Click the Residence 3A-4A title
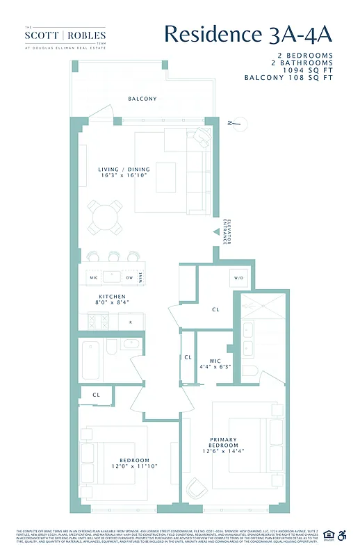pyautogui.click(x=248, y=34)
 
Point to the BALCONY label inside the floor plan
pyautogui.click(x=142, y=99)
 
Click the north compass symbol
pyautogui.click(x=238, y=125)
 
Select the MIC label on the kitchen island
pyautogui.click(x=95, y=278)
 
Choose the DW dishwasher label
pyautogui.click(x=129, y=278)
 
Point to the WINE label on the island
pyautogui.click(x=141, y=278)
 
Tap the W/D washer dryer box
pyautogui.click(x=238, y=278)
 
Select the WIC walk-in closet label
pyautogui.click(x=210, y=363)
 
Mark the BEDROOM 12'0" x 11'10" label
pyautogui.click(x=134, y=464)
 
